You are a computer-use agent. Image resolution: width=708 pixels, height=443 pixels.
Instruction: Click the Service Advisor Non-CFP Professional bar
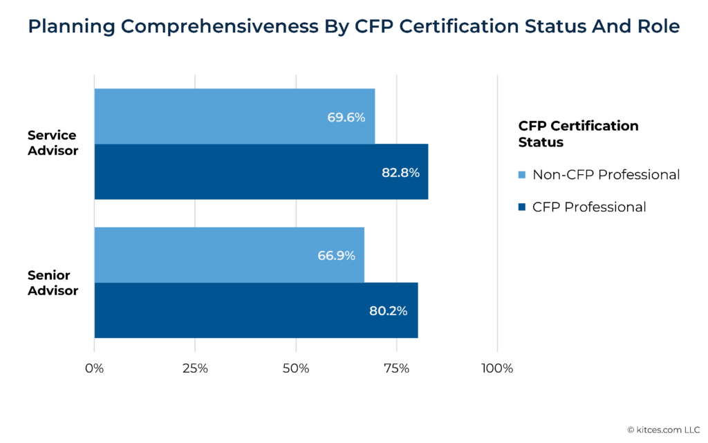point(234,116)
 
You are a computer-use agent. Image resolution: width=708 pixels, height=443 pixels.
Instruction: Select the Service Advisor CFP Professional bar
point(261,171)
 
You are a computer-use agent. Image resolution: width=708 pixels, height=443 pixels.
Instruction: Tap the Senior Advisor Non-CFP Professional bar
point(229,254)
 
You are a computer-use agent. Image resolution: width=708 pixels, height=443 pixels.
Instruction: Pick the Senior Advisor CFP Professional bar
point(256,310)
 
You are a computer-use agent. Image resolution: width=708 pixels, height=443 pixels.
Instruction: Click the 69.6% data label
point(346,117)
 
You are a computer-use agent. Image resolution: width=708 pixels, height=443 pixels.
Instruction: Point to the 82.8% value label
point(400,173)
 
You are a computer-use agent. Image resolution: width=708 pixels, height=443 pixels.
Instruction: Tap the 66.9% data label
point(336,256)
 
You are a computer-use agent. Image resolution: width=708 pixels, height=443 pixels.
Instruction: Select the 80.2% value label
point(388,311)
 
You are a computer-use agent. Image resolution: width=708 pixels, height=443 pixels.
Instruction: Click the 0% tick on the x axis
point(94,368)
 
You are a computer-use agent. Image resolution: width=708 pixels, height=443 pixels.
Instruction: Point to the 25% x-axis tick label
point(195,368)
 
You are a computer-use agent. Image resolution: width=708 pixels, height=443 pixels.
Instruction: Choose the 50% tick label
point(295,368)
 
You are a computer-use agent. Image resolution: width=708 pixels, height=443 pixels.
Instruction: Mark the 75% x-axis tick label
point(396,368)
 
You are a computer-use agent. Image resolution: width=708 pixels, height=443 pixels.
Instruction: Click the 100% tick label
point(497,368)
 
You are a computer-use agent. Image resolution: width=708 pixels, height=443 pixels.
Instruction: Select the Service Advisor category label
point(53,143)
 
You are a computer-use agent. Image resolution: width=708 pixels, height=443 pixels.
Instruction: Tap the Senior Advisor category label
point(53,283)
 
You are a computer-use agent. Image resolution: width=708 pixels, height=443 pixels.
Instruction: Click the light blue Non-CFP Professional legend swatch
point(522,175)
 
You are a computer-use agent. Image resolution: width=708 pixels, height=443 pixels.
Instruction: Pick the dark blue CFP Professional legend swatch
point(522,207)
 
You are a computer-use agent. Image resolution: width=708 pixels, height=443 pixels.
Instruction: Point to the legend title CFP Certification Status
point(578,134)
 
